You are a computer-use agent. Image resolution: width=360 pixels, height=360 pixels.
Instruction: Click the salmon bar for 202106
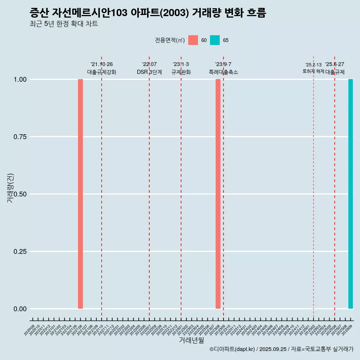(80, 194)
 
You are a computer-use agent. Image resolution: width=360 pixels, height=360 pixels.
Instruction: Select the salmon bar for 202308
(218, 194)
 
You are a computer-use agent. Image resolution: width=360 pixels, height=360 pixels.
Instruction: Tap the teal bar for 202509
(351, 194)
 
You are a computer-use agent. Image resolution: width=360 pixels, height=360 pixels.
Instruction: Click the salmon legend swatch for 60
(193, 40)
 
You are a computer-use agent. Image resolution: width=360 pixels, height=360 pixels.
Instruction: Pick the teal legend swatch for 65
(215, 40)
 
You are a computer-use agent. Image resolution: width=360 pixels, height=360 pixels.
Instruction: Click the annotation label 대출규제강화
(102, 72)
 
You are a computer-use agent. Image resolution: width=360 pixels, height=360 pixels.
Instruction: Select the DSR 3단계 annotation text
(149, 72)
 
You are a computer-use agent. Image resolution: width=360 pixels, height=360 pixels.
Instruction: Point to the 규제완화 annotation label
(181, 72)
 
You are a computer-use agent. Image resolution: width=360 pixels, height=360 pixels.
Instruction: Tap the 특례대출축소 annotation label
(223, 72)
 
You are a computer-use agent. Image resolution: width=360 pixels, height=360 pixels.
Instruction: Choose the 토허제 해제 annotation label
(313, 71)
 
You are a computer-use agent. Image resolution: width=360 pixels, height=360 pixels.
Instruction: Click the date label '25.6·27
(334, 64)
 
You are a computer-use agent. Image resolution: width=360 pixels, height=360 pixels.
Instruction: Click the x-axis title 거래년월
(192, 340)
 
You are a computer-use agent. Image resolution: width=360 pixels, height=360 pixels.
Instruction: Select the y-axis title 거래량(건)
(10, 187)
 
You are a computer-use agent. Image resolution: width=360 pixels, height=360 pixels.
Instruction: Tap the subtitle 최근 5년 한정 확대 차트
(64, 24)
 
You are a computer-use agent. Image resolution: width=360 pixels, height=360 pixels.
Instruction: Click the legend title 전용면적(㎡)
(170, 40)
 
